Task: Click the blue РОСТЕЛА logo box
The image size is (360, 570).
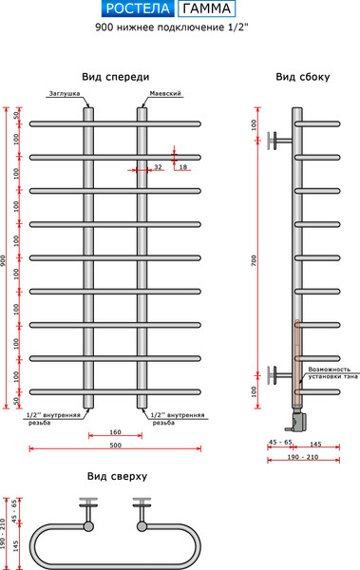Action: tap(137, 10)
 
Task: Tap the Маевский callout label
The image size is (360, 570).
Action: tap(165, 94)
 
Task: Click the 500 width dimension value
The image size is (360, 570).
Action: tap(115, 446)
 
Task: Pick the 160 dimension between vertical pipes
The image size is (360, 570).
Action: tap(115, 430)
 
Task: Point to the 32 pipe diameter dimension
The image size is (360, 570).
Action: tap(157, 167)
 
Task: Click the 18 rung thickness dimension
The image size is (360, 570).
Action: tap(183, 167)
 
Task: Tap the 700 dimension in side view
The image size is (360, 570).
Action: tap(254, 259)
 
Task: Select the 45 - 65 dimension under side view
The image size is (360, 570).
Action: tap(280, 444)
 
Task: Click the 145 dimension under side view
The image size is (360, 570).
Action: tap(315, 444)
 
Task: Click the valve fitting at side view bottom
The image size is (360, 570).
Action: tap(297, 415)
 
